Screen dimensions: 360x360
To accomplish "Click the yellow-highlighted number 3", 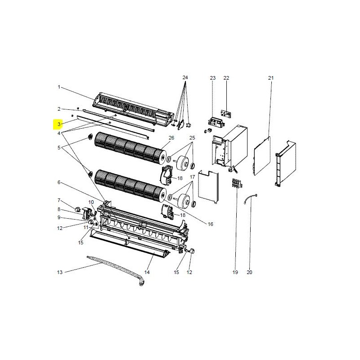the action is (59, 124).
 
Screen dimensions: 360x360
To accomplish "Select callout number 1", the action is (59, 87).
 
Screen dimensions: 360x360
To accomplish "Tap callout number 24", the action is (185, 77).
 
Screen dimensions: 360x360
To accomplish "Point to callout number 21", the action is (271, 78).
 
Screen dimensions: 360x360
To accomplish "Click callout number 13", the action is (60, 272).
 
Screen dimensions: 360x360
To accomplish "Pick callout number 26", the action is (171, 138).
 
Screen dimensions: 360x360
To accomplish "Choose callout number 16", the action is (210, 224).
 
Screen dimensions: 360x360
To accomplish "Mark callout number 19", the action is (235, 272).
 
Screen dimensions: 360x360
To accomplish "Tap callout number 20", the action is (249, 272).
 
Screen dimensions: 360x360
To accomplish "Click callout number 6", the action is (59, 182).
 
